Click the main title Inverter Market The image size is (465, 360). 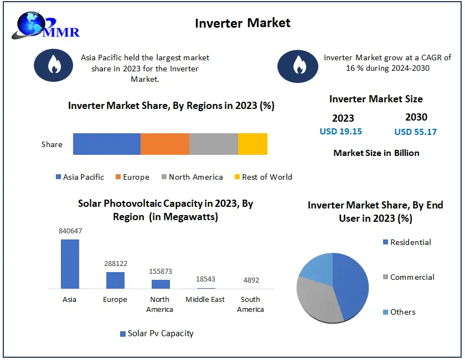242,23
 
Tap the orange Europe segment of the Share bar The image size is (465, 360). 164,144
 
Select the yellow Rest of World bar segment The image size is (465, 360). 252,144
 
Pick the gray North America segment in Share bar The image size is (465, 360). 213,144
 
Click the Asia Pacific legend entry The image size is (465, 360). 80,177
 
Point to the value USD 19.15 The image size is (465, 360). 340,132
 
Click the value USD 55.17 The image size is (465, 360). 415,132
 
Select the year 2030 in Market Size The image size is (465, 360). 416,117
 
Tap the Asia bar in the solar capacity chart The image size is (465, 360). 70,264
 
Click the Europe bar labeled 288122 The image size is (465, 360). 115,280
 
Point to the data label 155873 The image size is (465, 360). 161,272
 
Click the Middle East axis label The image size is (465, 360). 205,300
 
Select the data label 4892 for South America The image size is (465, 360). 251,280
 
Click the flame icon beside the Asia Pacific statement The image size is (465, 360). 54,65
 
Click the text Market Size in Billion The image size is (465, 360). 376,153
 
